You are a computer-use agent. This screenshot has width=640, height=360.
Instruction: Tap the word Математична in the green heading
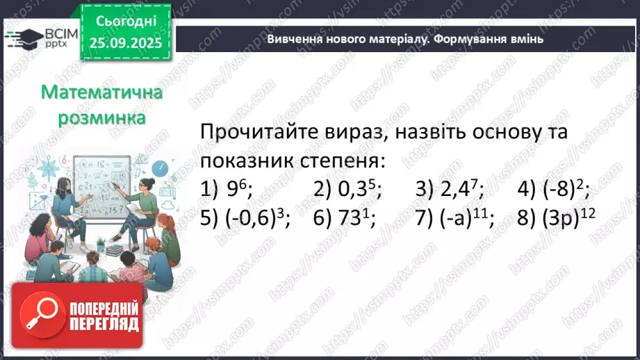pyautogui.click(x=102, y=93)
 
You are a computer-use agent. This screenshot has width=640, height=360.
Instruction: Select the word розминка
pyautogui.click(x=102, y=118)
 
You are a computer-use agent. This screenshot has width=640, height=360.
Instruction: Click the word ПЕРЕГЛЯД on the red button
pyautogui.click(x=104, y=325)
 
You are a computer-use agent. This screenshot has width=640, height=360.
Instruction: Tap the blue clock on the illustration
pyautogui.click(x=160, y=168)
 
